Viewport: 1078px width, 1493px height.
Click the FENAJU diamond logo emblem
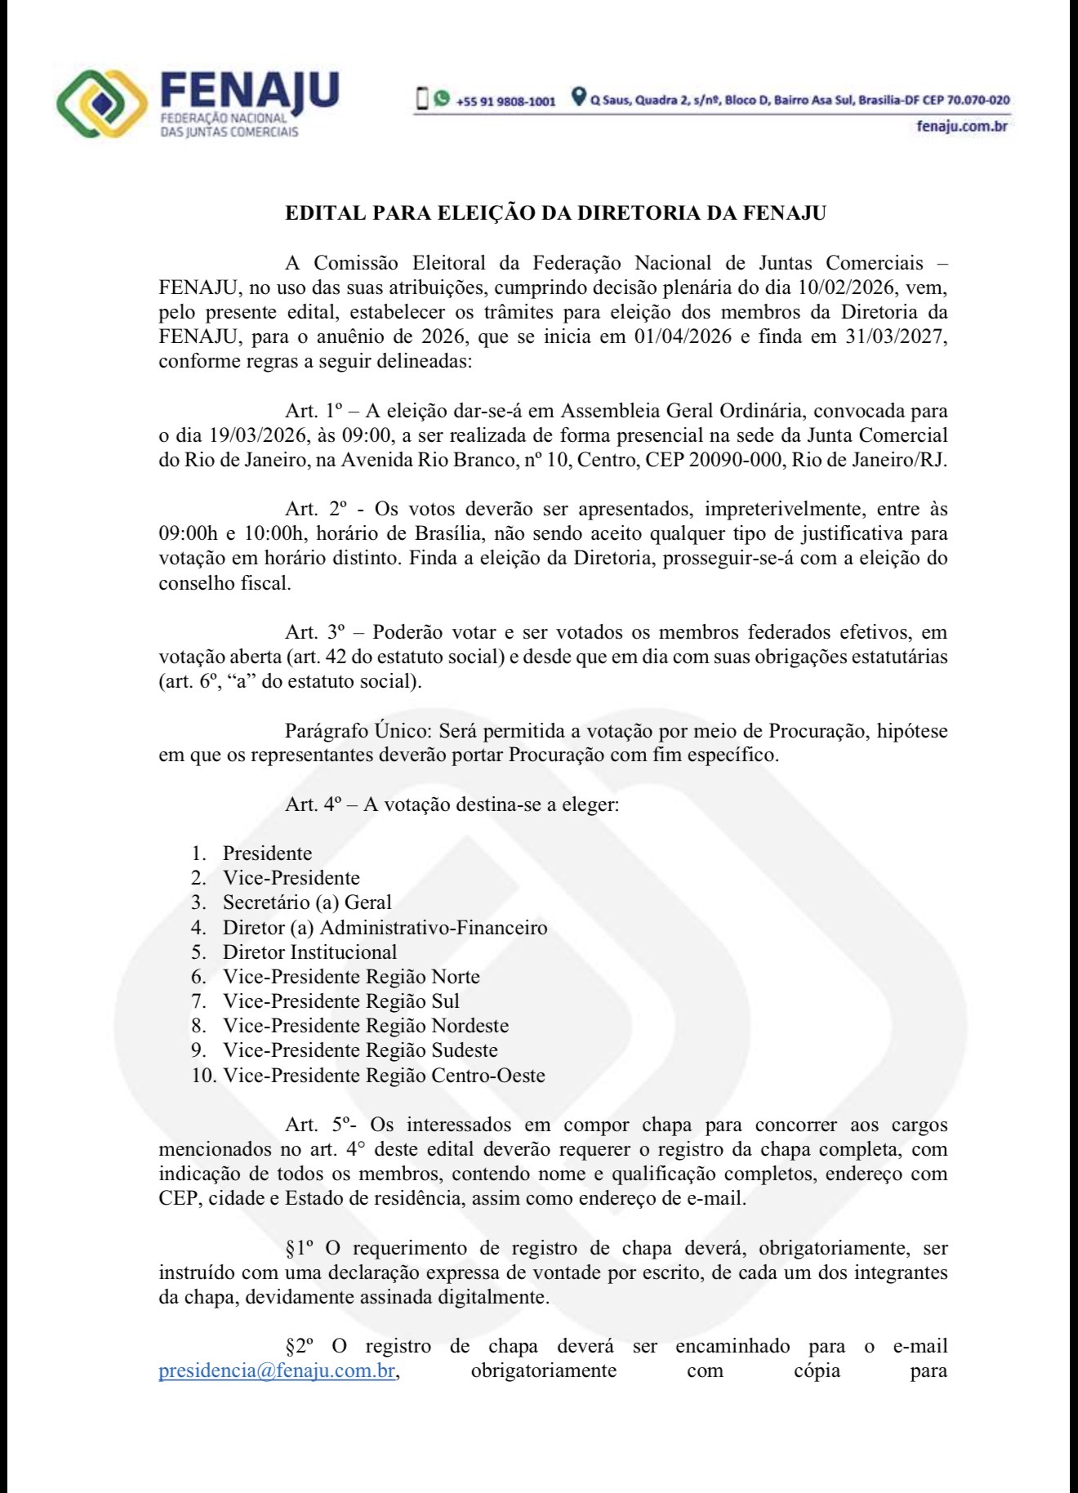point(101,104)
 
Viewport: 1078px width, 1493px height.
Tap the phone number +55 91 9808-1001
point(506,101)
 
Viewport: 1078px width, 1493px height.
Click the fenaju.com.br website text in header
point(962,126)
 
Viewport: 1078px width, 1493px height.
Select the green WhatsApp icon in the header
point(442,99)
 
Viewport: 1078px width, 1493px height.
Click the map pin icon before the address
point(578,98)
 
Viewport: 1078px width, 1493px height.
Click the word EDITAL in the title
point(325,214)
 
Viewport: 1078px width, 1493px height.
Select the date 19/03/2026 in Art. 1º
point(238,435)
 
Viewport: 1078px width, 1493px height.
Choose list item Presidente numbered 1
point(267,853)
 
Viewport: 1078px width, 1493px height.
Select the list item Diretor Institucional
point(310,952)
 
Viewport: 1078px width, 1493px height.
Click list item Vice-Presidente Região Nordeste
point(365,1026)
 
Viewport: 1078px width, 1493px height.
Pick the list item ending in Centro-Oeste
point(383,1076)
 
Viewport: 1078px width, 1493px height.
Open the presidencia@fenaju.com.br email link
point(277,1370)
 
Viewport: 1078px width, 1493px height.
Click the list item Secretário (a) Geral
point(306,902)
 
